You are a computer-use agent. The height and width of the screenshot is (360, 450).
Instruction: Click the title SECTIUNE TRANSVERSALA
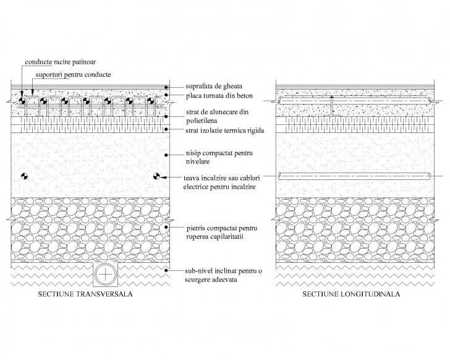[x=85, y=294]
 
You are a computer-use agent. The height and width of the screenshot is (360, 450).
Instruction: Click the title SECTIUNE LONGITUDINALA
[x=351, y=294]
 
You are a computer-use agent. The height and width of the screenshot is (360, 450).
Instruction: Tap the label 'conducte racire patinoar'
[x=61, y=62]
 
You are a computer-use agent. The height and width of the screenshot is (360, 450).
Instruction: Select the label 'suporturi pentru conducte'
[x=73, y=75]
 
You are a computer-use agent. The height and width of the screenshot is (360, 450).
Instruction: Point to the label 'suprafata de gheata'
[x=214, y=86]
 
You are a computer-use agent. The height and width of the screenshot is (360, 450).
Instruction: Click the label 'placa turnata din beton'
[x=219, y=96]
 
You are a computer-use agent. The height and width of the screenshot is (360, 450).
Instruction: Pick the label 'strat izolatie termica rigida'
[x=225, y=131]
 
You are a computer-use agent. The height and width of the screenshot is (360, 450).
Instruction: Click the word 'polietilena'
[x=202, y=121]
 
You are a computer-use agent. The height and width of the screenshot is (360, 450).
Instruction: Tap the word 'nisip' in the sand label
[x=193, y=153]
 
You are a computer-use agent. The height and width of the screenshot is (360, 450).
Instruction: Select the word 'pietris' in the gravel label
[x=195, y=228]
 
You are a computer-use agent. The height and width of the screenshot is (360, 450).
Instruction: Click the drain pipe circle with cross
[x=106, y=275]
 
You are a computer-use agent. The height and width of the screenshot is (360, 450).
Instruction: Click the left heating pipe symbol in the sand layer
[x=25, y=176]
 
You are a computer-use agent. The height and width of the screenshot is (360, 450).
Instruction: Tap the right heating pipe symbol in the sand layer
[x=156, y=176]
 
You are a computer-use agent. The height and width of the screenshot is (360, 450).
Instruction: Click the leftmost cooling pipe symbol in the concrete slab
[x=22, y=101]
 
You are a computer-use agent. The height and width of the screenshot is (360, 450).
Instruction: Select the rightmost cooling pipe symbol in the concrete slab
[x=150, y=101]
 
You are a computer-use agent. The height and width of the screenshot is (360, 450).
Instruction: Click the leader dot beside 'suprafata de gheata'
[x=166, y=87]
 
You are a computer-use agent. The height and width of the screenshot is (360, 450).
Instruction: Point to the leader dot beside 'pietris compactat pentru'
[x=166, y=227]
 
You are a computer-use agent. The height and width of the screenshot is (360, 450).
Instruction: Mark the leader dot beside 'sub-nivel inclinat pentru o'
[x=166, y=270]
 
